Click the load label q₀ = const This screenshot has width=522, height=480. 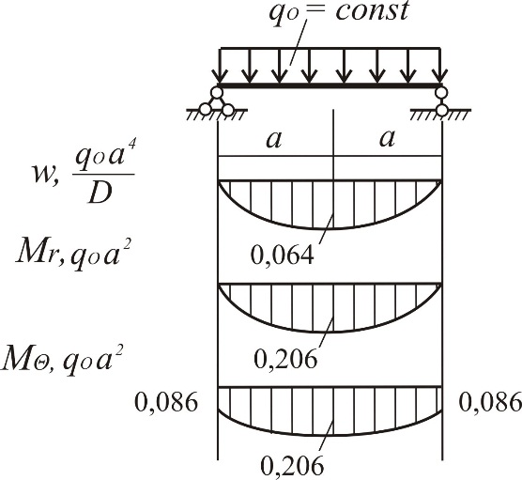pos(339,11)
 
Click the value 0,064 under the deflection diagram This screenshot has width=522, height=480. pos(283,255)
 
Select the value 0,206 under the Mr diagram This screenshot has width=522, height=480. pos(285,359)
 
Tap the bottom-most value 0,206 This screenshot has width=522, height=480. pos(292,465)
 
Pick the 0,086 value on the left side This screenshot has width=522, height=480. pos(166,402)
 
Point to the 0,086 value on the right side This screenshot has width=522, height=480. pos(490,402)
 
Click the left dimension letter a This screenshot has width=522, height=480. pos(274,139)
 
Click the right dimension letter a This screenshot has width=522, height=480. pos(387,138)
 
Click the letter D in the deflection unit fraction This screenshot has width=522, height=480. pos(100,194)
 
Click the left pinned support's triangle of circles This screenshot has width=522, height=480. pos(217,101)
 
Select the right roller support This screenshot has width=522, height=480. pos(442,101)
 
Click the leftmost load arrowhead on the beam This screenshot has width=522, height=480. pos(219,76)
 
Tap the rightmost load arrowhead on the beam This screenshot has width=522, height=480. pos(440,76)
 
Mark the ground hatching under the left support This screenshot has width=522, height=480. pos(216,114)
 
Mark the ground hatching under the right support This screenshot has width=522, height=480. pos(440,114)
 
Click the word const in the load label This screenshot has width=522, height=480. pos(372,11)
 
